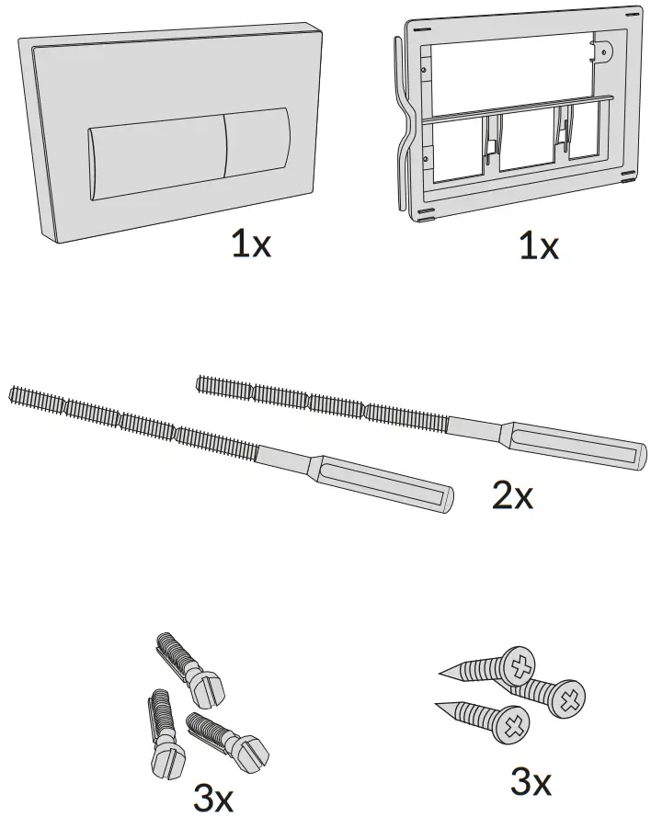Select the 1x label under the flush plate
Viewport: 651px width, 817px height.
click(250, 245)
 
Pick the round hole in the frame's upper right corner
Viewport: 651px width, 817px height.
click(605, 52)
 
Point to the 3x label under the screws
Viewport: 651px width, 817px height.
click(531, 782)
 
